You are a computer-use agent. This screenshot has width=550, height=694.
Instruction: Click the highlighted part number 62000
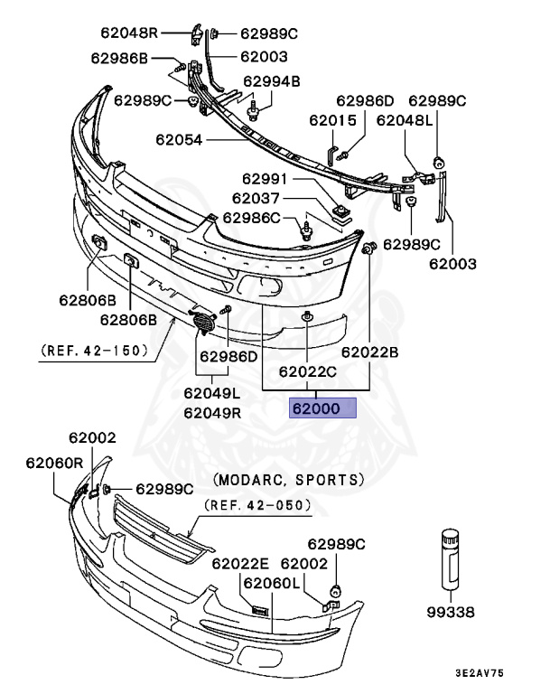[x=316, y=408]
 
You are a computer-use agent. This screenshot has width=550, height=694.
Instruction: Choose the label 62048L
[x=401, y=119]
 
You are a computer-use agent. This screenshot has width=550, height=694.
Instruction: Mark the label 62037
[x=257, y=198]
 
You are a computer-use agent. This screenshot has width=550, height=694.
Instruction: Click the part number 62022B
[x=369, y=352]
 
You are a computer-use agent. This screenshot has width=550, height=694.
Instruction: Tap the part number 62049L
[x=211, y=393]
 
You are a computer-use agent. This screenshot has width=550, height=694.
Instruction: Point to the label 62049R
[x=211, y=413]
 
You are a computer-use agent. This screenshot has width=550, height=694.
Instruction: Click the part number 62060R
[x=55, y=462]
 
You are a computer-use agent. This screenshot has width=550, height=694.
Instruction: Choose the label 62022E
[x=241, y=563]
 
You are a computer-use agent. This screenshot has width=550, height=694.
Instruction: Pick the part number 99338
[x=450, y=612]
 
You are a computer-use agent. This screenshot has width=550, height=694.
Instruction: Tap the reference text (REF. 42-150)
[x=94, y=350]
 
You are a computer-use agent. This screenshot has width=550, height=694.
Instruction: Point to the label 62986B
[x=119, y=59]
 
